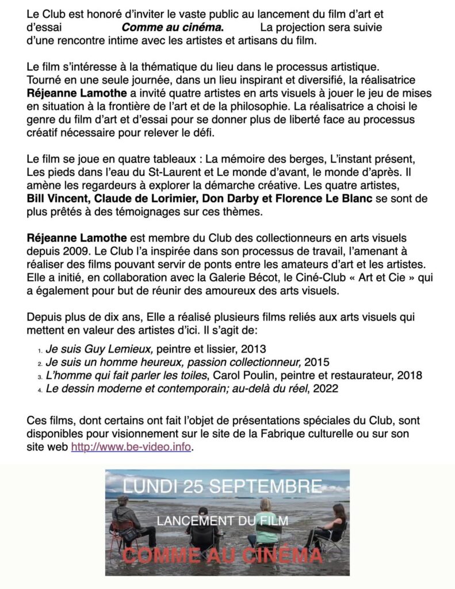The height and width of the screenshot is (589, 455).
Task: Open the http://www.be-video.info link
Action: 131,447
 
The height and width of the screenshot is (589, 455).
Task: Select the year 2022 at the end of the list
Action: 327,389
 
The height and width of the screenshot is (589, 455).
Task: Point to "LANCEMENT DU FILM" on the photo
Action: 223,521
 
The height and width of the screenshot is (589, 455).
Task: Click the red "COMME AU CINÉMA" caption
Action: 223,556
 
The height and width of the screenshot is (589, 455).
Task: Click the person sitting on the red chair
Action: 128,521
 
